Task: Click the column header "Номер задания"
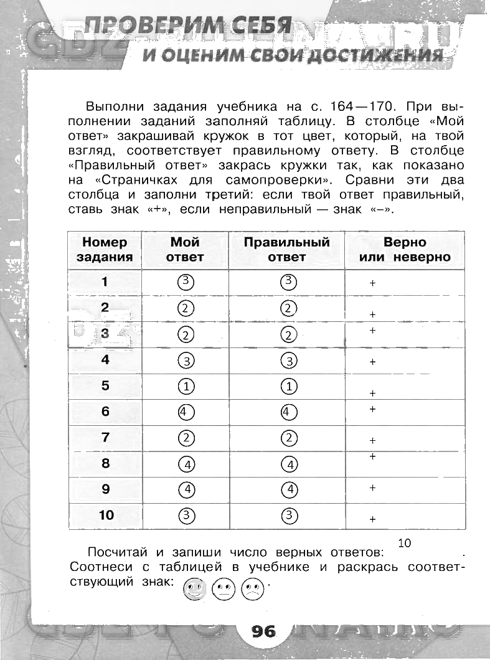click(x=105, y=250)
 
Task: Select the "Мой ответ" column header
click(x=185, y=250)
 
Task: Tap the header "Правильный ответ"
click(x=286, y=250)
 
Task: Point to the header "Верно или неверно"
click(x=405, y=250)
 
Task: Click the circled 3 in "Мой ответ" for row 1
click(x=185, y=281)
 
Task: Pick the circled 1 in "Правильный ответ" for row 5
click(x=289, y=387)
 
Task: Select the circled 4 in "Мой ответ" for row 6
click(x=186, y=412)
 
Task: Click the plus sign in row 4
click(x=373, y=362)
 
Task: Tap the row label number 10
click(x=106, y=515)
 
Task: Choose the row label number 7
click(x=105, y=438)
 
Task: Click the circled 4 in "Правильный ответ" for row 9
click(x=289, y=489)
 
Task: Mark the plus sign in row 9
click(x=373, y=488)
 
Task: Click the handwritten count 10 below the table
click(x=405, y=543)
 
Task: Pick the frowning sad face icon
click(x=252, y=589)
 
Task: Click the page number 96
click(x=264, y=631)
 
